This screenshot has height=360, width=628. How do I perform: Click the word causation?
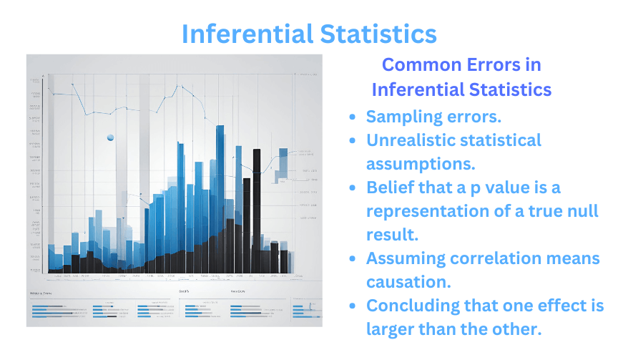[407, 282]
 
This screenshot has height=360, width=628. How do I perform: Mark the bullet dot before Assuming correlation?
[351, 258]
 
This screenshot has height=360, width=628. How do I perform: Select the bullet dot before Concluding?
[351, 306]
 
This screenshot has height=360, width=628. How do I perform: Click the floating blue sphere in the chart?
[110, 137]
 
